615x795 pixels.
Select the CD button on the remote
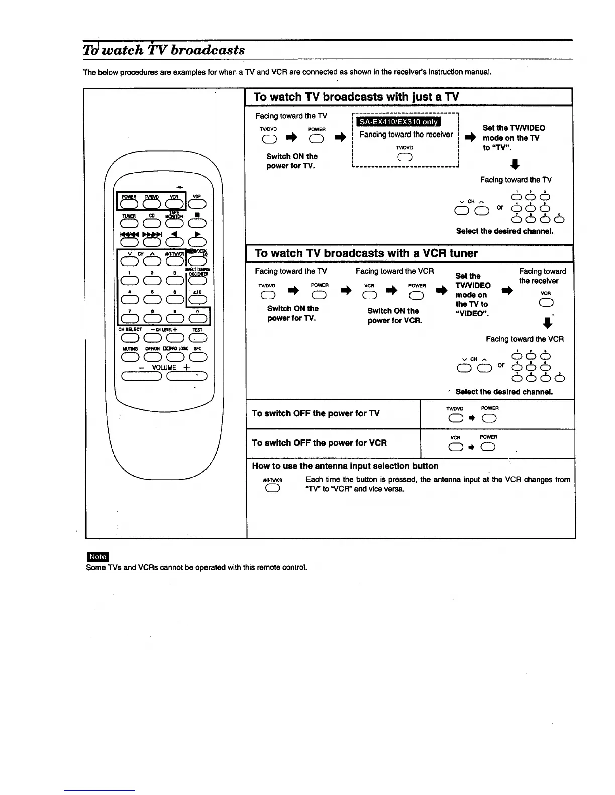[152, 223]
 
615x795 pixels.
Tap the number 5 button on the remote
[152, 300]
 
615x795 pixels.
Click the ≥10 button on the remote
[197, 300]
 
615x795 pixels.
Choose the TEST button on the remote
[197, 338]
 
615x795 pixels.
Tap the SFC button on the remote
[197, 357]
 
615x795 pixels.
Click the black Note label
[97, 557]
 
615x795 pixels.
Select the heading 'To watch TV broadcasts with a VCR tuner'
[366, 253]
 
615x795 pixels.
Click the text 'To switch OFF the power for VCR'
[320, 443]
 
